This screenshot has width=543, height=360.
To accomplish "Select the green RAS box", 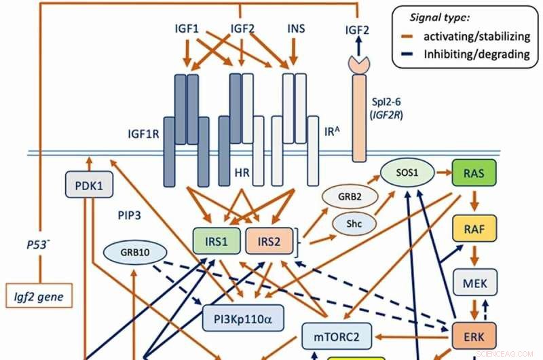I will click(473, 173).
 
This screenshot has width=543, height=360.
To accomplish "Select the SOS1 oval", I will click(407, 174).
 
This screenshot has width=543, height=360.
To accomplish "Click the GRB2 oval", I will click(345, 200).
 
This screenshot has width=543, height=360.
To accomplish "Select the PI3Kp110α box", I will click(242, 317).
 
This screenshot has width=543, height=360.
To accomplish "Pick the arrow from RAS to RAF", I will click(474, 200).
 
